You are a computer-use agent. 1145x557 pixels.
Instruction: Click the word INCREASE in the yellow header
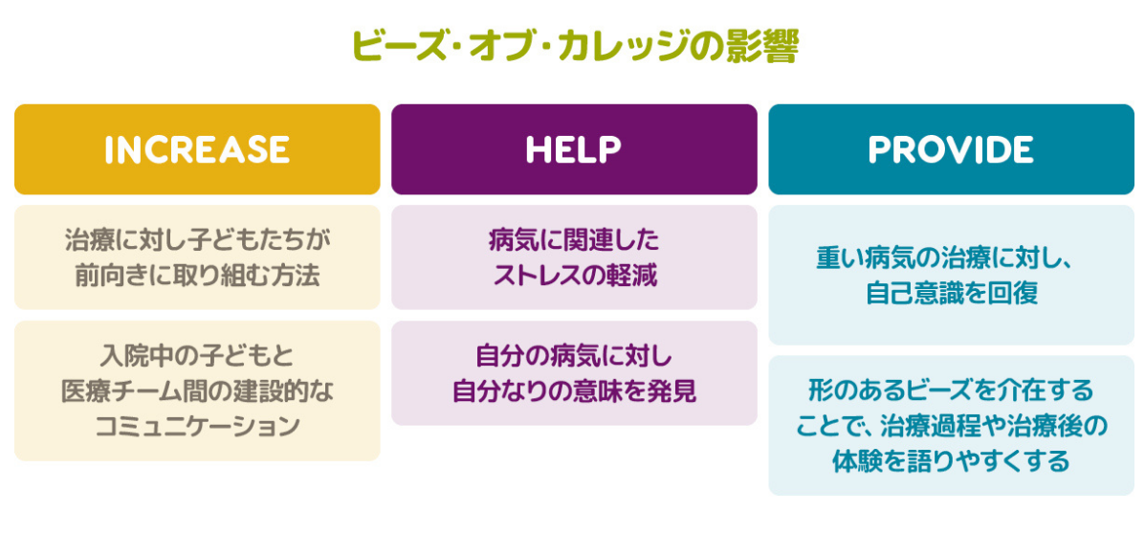point(197,149)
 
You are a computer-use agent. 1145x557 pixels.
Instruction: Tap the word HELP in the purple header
point(574,149)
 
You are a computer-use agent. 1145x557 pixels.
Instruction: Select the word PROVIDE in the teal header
point(951,149)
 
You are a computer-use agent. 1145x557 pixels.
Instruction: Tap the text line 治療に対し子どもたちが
point(197,238)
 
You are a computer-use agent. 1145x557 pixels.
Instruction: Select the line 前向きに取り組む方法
point(197,276)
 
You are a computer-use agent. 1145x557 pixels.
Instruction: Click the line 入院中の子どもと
point(197,355)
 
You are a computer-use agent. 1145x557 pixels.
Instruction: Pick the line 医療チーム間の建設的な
point(197,390)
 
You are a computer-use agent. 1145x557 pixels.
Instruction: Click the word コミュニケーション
point(197,426)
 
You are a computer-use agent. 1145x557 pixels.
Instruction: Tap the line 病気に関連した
point(574,238)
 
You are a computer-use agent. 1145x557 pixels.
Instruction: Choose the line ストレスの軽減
point(574,276)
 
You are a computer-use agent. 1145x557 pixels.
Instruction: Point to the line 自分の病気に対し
point(574,355)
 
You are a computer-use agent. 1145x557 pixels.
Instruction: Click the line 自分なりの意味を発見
point(574,390)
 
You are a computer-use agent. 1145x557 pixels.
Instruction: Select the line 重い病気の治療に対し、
point(951,257)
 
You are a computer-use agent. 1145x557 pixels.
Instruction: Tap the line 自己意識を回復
point(951,293)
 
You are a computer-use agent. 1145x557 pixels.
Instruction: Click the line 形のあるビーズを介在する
point(951,390)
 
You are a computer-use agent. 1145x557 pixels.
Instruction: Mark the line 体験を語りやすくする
point(951,461)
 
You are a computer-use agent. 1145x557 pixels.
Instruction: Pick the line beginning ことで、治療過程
point(951,426)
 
